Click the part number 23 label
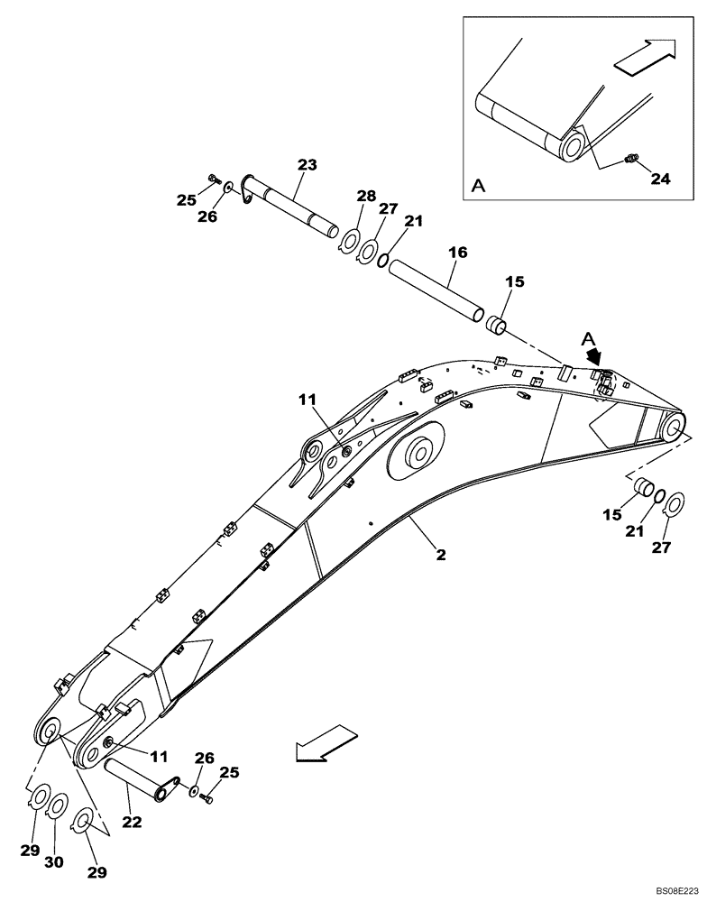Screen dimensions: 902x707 click(308, 164)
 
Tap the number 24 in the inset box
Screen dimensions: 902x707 click(660, 179)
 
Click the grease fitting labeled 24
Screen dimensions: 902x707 click(630, 161)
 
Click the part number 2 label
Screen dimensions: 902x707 click(440, 555)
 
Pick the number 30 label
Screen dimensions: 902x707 click(55, 861)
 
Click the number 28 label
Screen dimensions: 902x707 click(365, 197)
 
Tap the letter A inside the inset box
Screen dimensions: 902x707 click(478, 186)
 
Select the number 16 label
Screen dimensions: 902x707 click(457, 253)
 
